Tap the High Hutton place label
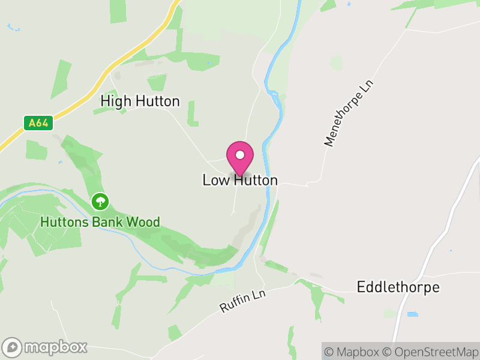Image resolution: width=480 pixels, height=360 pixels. pos(140,101)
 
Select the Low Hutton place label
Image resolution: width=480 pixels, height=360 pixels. pos(240,181)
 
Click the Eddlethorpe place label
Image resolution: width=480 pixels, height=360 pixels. pos(398,287)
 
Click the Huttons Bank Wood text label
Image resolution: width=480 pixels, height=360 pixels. pos(100,223)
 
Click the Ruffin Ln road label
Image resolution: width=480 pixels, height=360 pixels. pos(242,299)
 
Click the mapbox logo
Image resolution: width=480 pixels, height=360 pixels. pos(45,347)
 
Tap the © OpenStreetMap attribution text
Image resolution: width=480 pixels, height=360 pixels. pos(431,352)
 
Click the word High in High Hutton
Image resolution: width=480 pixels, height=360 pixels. pos(116,101)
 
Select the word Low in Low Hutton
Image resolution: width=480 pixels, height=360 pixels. pos(216,181)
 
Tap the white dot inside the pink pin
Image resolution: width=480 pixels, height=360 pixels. pos(240,155)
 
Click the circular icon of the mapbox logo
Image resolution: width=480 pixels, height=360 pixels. pos(12,347)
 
